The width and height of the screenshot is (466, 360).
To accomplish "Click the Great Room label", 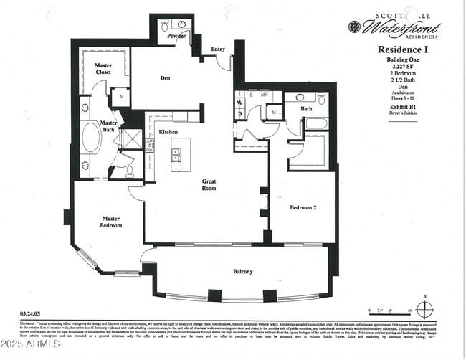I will pyautogui.click(x=209, y=186).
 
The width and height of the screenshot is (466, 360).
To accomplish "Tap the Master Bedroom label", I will pyautogui.click(x=110, y=222).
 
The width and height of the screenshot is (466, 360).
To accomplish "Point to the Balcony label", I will pyautogui.click(x=242, y=272).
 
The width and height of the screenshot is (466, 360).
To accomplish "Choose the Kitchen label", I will pyautogui.click(x=168, y=132).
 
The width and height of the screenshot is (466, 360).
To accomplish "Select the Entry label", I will pyautogui.click(x=219, y=49).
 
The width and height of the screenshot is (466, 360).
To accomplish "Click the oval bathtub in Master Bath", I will pyautogui.click(x=91, y=138).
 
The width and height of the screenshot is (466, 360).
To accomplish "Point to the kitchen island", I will pyautogui.click(x=176, y=154).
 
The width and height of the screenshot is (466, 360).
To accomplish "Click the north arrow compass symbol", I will pyautogui.click(x=425, y=310).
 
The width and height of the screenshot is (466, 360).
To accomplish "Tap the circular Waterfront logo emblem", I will pyautogui.click(x=354, y=27).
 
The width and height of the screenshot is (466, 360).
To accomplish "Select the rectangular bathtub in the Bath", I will pyautogui.click(x=316, y=123).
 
